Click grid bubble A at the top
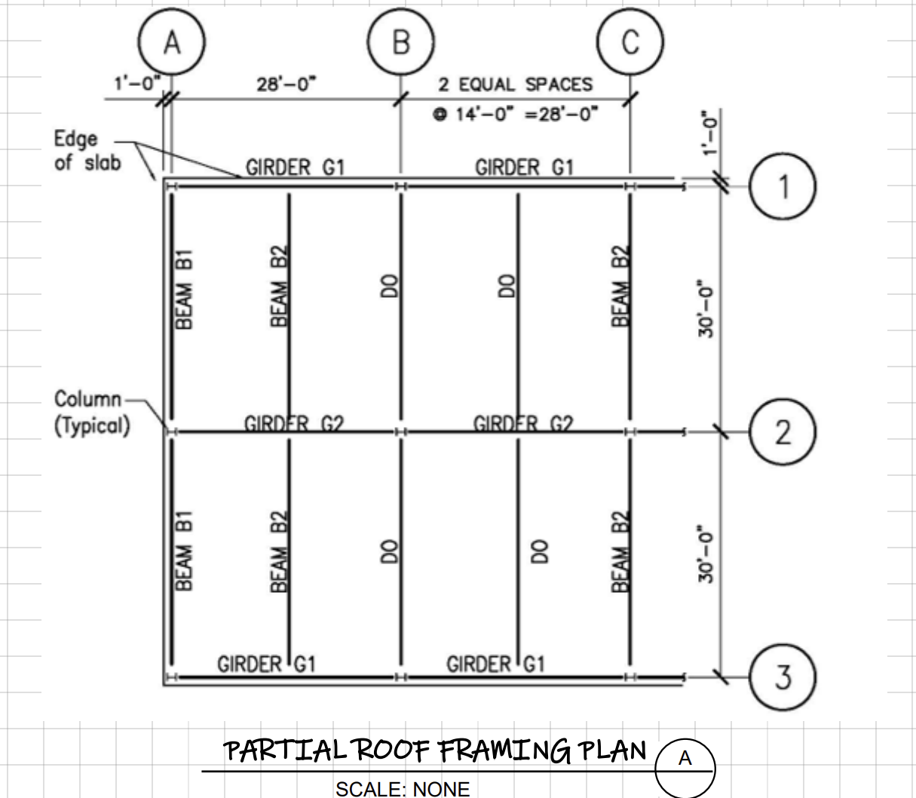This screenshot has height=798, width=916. pyautogui.click(x=172, y=43)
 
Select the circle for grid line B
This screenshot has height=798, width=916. pyautogui.click(x=401, y=43)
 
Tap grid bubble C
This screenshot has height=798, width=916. pyautogui.click(x=630, y=43)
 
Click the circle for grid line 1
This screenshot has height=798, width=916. pyautogui.click(x=783, y=186)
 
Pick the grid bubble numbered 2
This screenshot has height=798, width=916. pyautogui.click(x=783, y=432)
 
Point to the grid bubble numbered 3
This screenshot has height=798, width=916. pyautogui.click(x=783, y=677)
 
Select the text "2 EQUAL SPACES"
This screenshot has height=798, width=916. pyautogui.click(x=516, y=84)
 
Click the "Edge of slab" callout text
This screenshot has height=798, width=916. pyautogui.click(x=86, y=150)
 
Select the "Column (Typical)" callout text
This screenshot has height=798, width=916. pyautogui.click(x=90, y=412)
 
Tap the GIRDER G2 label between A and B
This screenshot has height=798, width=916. pyautogui.click(x=294, y=424)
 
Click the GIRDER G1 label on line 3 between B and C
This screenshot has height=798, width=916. pyautogui.click(x=495, y=664)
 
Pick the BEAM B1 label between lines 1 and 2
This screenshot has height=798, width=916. pyautogui.click(x=184, y=290)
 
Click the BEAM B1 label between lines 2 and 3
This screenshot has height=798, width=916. pyautogui.click(x=184, y=550)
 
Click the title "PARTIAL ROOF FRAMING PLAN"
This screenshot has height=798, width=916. pyautogui.click(x=435, y=750)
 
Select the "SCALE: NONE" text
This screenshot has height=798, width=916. pyautogui.click(x=403, y=789)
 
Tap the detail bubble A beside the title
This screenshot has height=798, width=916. pyautogui.click(x=685, y=758)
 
